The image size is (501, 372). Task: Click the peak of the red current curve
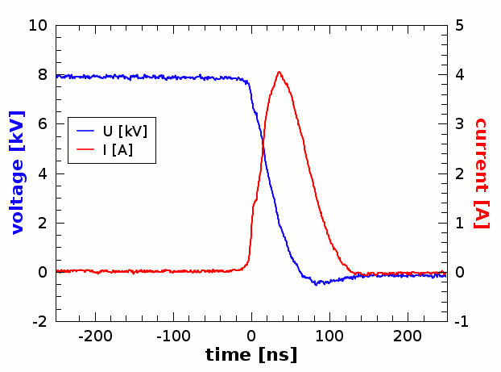coord(279,72)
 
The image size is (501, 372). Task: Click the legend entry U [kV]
coord(124,130)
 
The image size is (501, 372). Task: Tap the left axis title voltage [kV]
coord(18,173)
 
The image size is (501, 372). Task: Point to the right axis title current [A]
coord(482,173)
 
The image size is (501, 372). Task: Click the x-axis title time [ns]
coord(251,354)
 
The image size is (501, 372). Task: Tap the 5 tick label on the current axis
coord(458,25)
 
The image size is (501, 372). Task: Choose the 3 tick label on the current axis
coord(458,124)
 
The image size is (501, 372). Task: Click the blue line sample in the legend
coord(85,130)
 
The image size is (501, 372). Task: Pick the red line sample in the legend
coord(85,149)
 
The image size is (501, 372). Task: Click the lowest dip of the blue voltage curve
coord(317,283)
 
